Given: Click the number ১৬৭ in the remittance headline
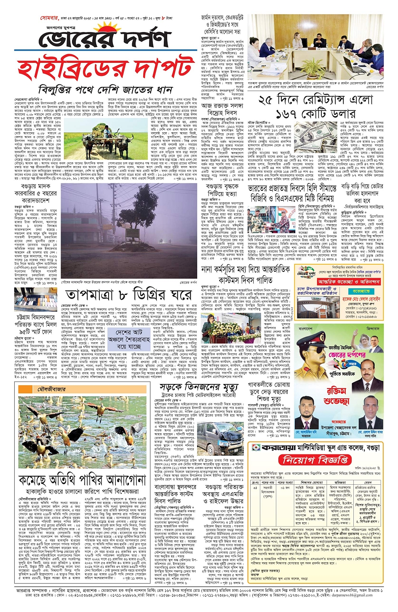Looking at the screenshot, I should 288,114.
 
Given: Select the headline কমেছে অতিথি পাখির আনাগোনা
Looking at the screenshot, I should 88,480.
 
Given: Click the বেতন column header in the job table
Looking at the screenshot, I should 368,482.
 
